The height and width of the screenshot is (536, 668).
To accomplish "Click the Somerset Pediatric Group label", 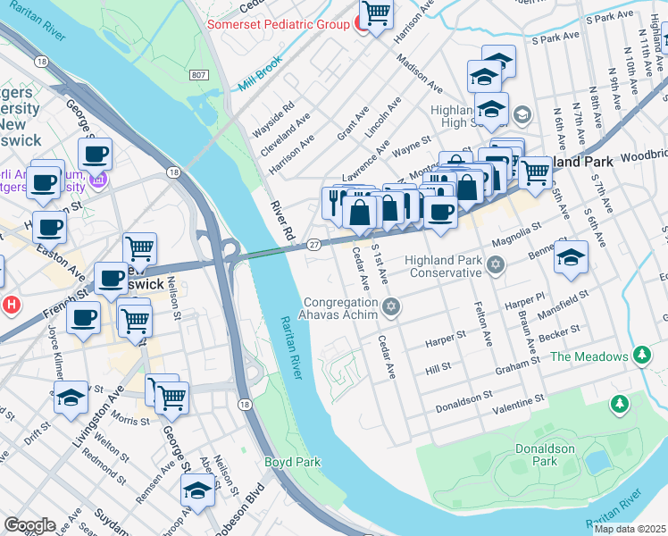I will [278, 24].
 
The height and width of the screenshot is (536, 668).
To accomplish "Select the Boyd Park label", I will [292, 462].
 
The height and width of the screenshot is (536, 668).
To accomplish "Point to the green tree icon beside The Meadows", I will [641, 356].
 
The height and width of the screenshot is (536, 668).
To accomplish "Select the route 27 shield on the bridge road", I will [313, 244].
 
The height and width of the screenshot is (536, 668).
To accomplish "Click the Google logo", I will [30, 524].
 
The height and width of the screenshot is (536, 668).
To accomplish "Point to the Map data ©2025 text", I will [630, 529].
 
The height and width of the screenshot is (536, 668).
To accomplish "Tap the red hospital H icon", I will [11, 305].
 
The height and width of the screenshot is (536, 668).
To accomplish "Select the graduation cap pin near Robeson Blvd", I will [197, 490].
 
